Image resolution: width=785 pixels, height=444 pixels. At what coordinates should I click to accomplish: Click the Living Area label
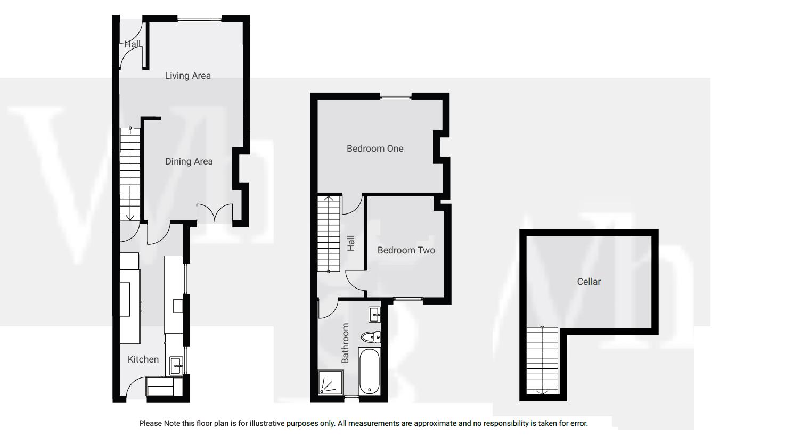[x=187, y=76]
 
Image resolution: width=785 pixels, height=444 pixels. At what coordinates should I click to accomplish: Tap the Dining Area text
[x=189, y=161]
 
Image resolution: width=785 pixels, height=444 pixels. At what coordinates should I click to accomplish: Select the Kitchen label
[x=143, y=359]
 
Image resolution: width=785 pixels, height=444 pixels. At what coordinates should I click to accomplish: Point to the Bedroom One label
[x=375, y=149]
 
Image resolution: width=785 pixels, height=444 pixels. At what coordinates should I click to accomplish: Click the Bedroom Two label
[x=406, y=250]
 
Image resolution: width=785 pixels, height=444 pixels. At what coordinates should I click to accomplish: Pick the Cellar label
[x=588, y=282]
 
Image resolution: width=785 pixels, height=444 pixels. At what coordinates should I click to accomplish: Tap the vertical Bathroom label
[x=345, y=343]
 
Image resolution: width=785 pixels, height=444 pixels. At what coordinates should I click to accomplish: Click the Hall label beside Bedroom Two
[x=351, y=243]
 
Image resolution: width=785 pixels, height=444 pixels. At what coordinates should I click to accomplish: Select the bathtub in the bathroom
[x=370, y=371]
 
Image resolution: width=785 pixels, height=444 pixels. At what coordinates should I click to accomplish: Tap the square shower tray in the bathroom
[x=330, y=383]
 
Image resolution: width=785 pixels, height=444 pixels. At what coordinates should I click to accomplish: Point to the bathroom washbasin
[x=374, y=315]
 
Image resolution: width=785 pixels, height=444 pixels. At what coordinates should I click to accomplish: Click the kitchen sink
[x=176, y=366]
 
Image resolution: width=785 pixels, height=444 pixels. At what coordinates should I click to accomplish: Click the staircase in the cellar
[x=542, y=360]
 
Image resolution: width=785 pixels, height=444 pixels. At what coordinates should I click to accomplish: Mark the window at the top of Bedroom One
[x=396, y=97]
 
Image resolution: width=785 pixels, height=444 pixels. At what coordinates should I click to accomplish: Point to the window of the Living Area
[x=199, y=20]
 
